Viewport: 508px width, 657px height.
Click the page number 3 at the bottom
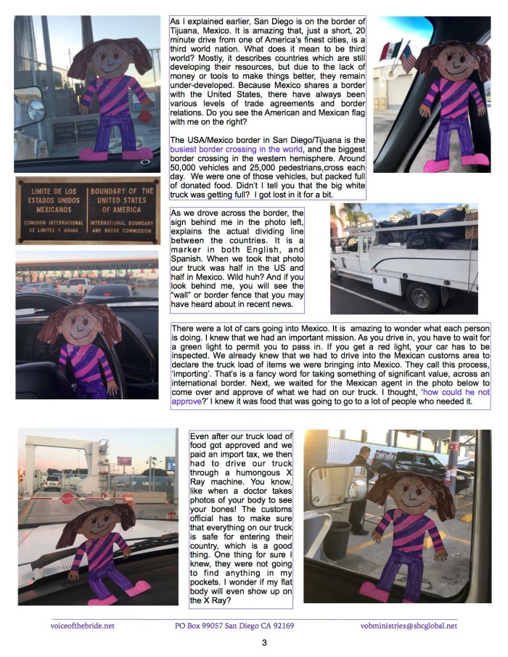[x=265, y=642]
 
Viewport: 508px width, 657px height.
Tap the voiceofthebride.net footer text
[x=83, y=625]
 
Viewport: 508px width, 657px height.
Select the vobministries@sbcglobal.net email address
[x=409, y=625]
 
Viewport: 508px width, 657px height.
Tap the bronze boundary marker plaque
[x=87, y=211]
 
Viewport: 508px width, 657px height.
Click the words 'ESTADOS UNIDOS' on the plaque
[x=51, y=201]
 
